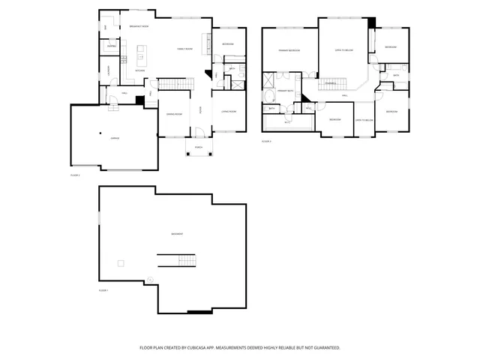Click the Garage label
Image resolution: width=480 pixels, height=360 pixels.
click(115, 139)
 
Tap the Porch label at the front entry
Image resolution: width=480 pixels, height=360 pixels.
click(199, 148)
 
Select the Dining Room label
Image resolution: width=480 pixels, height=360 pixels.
click(175, 115)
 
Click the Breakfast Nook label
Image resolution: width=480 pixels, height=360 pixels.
click(139, 26)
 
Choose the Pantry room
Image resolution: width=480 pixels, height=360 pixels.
click(111, 46)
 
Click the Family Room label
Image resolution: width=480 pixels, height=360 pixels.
click(185, 49)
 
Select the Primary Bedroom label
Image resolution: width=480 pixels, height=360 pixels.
click(289, 50)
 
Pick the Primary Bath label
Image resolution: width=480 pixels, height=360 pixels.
click(286, 91)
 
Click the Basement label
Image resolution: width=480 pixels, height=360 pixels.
click(178, 234)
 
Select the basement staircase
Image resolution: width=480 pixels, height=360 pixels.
click(177, 260)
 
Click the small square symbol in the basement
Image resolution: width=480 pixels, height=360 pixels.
click(120, 262)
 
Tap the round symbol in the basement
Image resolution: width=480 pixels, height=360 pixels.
click(150, 280)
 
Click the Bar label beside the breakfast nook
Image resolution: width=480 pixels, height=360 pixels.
click(106, 28)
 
